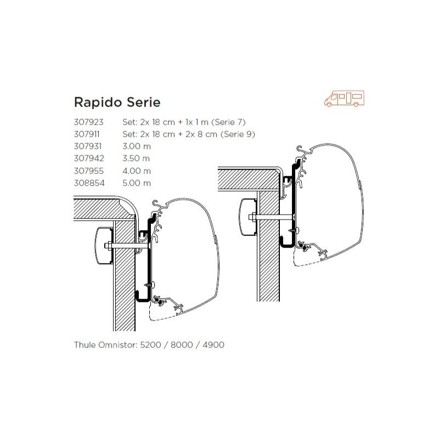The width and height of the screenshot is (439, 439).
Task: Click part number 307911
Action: click(x=88, y=134)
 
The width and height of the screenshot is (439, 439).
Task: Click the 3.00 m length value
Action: click(x=137, y=147)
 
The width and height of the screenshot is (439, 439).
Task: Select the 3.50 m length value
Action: click(x=137, y=159)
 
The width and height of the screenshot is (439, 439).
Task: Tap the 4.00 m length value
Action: click(x=137, y=171)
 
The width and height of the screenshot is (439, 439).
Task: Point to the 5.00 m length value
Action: click(x=137, y=183)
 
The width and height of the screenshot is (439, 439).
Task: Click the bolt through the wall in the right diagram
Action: click(x=274, y=218)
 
